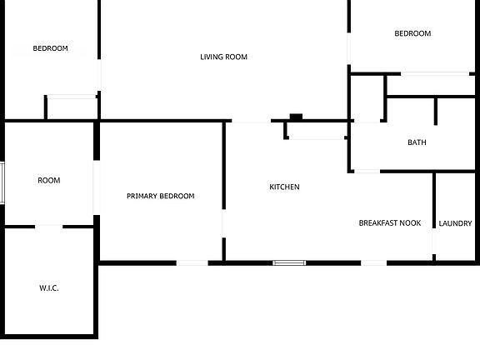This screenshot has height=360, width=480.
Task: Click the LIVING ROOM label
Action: (223, 57)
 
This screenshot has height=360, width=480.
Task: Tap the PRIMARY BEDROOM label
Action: (160, 196)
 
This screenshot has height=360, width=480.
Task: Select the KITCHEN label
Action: (284, 187)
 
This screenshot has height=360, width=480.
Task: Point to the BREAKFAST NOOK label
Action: (390, 222)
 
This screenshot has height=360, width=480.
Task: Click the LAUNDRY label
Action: (455, 223)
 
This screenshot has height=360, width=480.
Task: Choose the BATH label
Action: (417, 142)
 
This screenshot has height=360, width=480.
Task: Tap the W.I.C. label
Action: (49, 288)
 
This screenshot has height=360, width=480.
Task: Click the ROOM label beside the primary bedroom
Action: (49, 180)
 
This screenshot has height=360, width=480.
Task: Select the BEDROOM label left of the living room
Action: (51, 48)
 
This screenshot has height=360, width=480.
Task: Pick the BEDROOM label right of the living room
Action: (412, 33)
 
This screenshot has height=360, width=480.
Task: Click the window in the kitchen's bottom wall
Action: (289, 263)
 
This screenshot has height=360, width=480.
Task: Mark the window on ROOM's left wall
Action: (2, 183)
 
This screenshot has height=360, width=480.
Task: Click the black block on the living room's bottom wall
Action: (296, 117)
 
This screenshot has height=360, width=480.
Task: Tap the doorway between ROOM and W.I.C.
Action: (48, 227)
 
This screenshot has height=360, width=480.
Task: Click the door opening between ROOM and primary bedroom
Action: (97, 187)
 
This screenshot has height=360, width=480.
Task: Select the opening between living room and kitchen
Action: (252, 121)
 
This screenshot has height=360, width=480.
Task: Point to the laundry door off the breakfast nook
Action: (434, 241)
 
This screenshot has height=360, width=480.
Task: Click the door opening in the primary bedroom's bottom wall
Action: (192, 263)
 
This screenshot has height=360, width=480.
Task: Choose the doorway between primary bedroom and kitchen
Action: (224, 223)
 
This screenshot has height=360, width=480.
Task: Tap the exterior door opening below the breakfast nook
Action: (374, 263)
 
